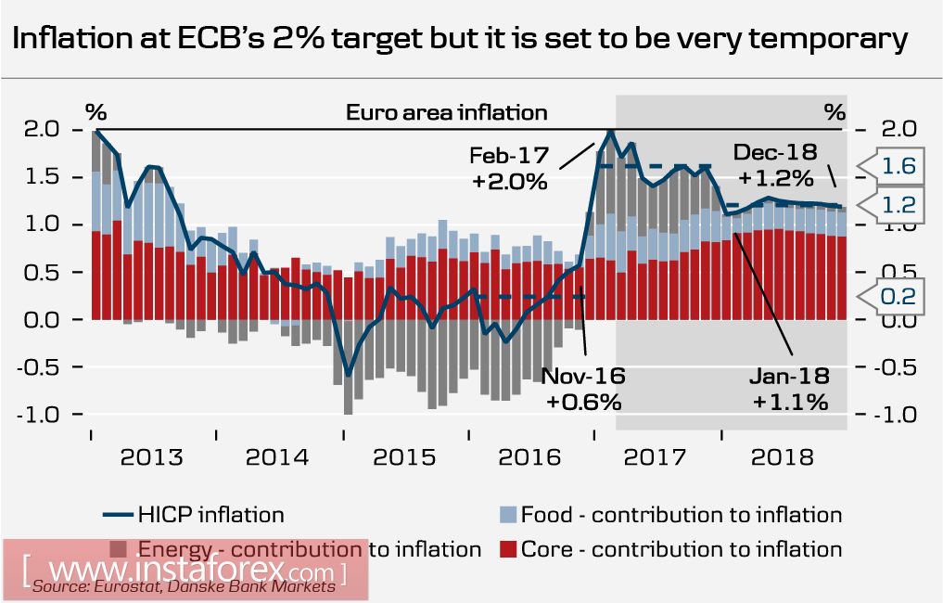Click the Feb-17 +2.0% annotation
click(509, 168)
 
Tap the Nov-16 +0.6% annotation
click(583, 389)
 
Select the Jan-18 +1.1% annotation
click(789, 389)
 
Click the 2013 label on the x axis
click(153, 458)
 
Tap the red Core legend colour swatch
click(508, 549)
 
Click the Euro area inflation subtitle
click(446, 113)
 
